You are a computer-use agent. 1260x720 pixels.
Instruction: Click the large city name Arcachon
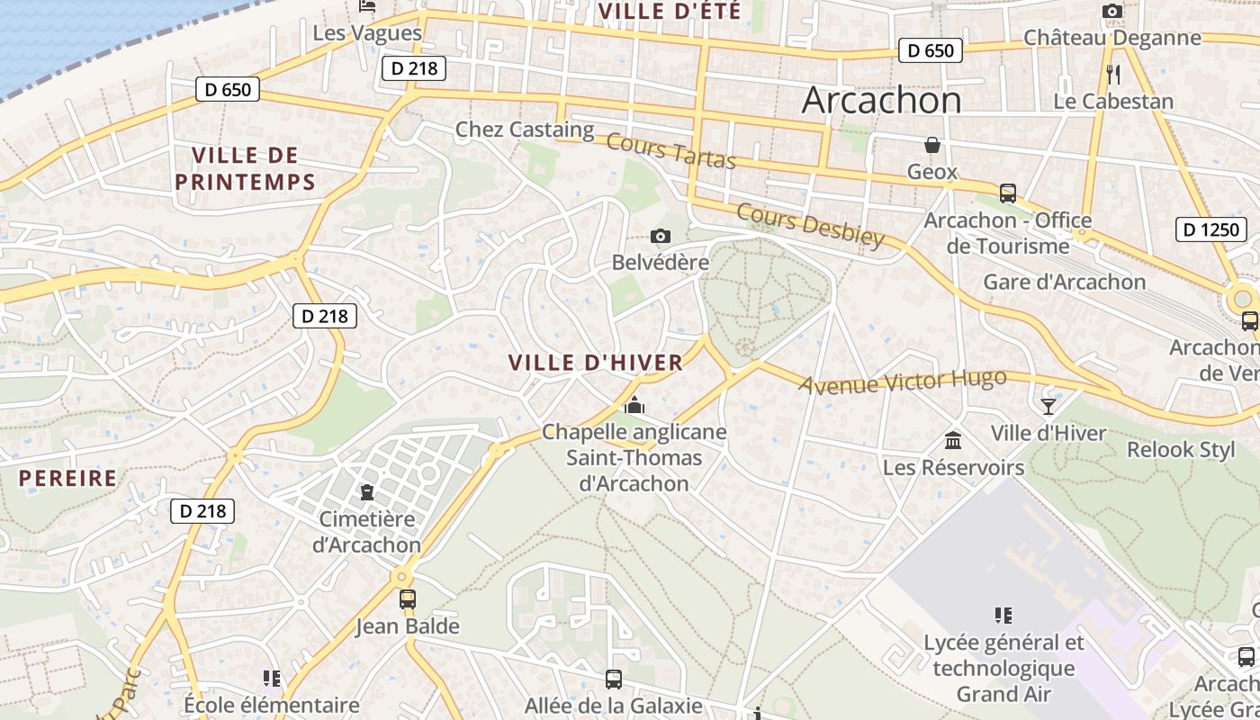881,100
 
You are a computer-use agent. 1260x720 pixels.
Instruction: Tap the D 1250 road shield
1210,229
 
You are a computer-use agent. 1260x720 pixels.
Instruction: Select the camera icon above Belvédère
661,237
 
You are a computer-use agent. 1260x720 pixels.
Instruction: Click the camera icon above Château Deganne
1112,12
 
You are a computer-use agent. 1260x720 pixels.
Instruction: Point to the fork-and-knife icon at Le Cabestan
1113,74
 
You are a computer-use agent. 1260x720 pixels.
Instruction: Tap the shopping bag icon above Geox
931,145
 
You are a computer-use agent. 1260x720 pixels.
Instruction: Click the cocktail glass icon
1048,406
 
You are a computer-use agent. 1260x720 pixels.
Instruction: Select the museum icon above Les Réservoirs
953,441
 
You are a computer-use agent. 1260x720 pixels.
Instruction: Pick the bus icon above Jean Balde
408,598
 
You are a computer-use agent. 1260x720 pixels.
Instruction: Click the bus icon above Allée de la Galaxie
614,679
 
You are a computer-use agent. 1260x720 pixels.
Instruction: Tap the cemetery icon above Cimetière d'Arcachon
367,492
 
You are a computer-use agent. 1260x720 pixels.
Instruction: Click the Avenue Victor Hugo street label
903,382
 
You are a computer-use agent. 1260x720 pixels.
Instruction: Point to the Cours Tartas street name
670,150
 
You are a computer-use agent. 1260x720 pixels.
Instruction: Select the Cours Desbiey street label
810,224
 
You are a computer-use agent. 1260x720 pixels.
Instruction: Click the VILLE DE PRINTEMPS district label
245,168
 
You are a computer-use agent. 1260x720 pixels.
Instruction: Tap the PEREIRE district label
68,478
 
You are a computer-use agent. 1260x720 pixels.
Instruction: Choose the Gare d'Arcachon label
1064,282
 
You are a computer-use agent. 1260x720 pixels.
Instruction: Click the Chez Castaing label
525,130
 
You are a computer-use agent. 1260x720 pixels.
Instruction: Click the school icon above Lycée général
1003,616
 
